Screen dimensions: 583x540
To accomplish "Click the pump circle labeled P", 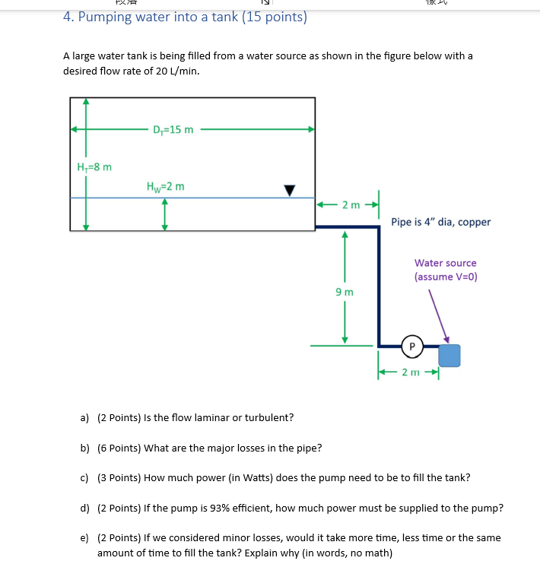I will click(411, 347).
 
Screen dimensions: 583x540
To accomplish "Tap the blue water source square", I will click(449, 355).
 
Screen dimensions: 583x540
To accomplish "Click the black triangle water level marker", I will click(289, 190).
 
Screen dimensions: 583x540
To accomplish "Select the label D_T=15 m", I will click(173, 129).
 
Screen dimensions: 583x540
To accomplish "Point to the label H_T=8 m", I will click(95, 166).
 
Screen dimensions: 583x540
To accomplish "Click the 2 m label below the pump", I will click(410, 372).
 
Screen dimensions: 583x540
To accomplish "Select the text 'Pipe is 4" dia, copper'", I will click(440, 222).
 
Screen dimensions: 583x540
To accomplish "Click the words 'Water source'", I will click(446, 263).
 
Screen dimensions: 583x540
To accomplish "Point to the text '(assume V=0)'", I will click(446, 277).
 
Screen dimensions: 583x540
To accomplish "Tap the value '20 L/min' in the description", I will click(179, 71).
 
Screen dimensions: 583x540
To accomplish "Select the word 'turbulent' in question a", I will click(269, 417).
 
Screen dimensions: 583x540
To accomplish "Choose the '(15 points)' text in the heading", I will click(275, 17).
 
